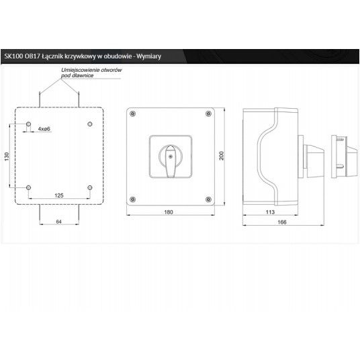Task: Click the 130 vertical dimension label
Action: click(x=7, y=156)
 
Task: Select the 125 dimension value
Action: click(x=59, y=195)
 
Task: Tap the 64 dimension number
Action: click(x=59, y=222)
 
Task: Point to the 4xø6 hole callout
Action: click(x=44, y=129)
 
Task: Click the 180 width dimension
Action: click(x=169, y=212)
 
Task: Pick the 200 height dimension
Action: click(x=222, y=156)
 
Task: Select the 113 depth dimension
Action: click(x=270, y=212)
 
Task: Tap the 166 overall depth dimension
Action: click(x=282, y=222)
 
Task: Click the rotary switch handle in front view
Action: click(x=171, y=161)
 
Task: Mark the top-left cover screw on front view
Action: click(x=133, y=114)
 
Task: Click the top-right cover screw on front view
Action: click(x=208, y=114)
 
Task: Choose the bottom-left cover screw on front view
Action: click(x=133, y=199)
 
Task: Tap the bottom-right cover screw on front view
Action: click(x=208, y=199)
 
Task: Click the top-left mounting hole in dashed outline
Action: click(x=28, y=124)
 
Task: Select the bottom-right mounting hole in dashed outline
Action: click(x=90, y=187)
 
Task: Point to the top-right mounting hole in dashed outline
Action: click(x=90, y=124)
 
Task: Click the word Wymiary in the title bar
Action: click(x=149, y=56)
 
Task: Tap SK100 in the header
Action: click(x=13, y=56)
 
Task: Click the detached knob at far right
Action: click(x=344, y=156)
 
